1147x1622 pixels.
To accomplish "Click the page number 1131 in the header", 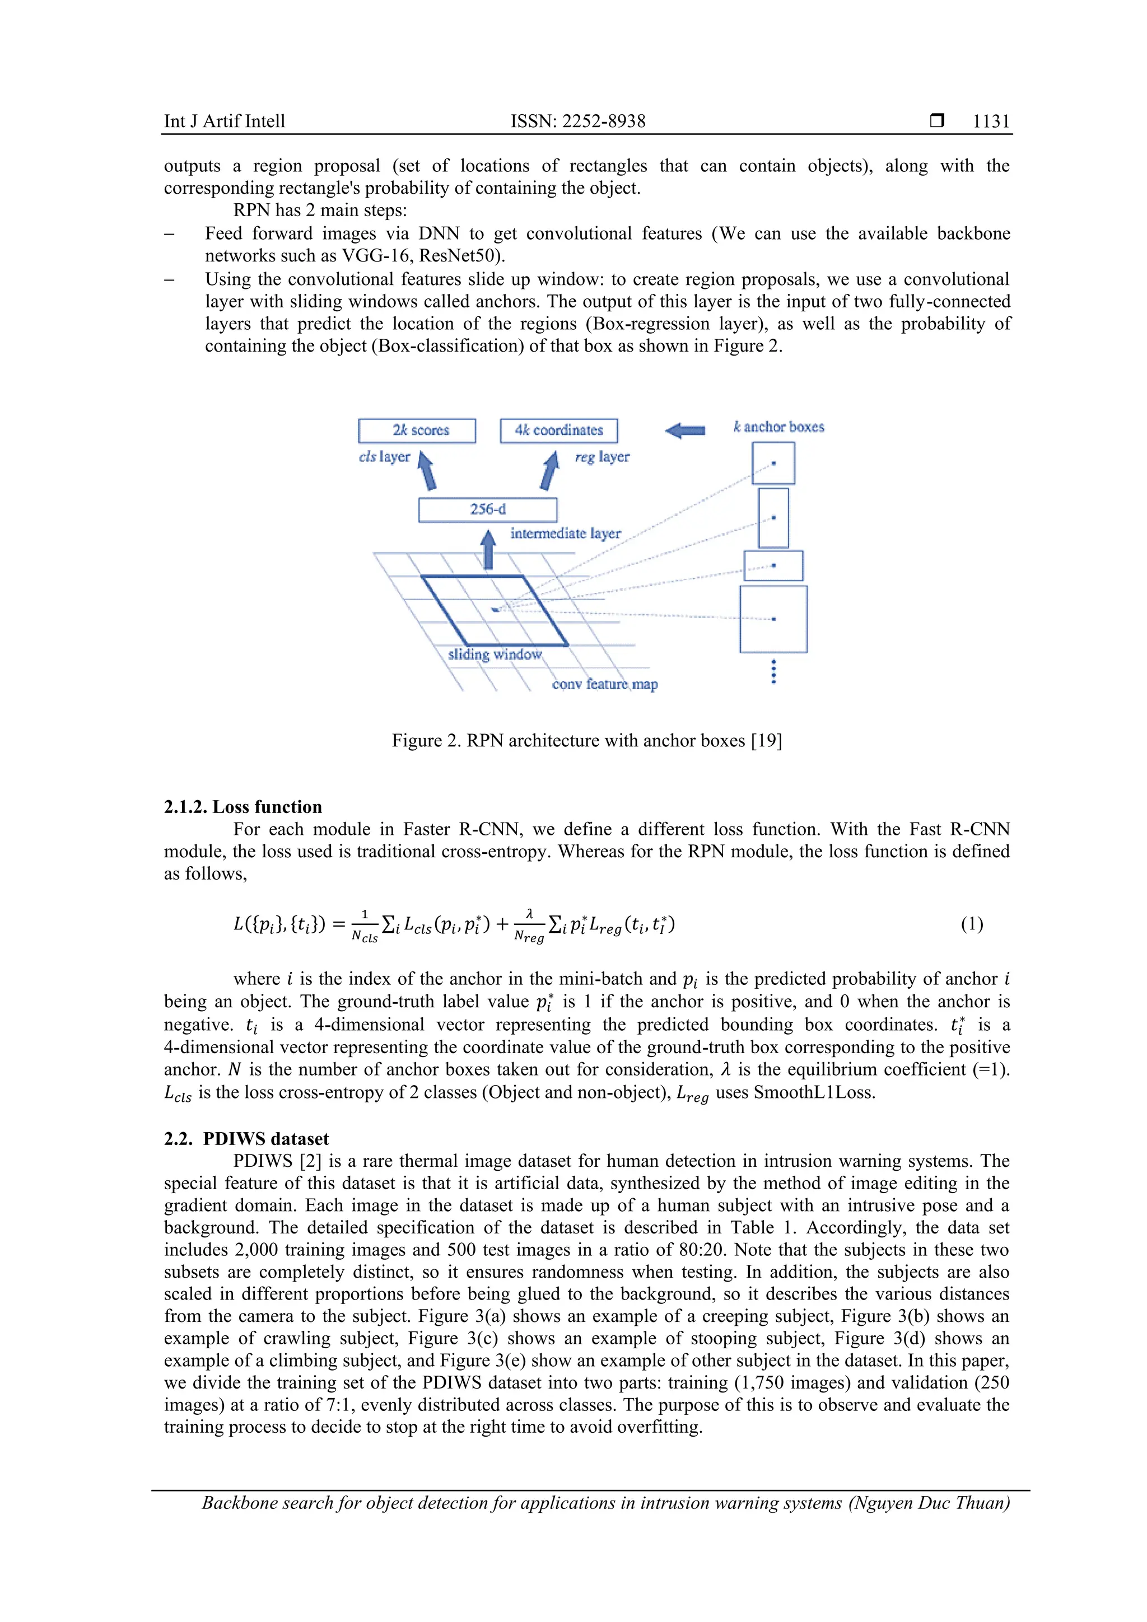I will (991, 121).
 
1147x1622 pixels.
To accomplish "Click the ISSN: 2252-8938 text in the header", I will (577, 121).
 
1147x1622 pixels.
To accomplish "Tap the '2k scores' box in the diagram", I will (417, 430).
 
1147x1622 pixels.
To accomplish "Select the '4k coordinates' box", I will (558, 430).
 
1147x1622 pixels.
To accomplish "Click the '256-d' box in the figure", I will (488, 509).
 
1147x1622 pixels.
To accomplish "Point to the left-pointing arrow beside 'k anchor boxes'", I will (685, 430).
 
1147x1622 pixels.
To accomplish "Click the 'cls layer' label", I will (384, 457).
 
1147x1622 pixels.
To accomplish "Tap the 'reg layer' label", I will (602, 457).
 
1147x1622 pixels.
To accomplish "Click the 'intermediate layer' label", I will (565, 534).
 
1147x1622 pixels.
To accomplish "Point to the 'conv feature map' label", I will (604, 684).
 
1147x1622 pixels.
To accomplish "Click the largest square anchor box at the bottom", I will (773, 619).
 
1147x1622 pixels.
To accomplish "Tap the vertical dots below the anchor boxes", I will (774, 671).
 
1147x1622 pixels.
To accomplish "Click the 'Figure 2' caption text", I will (586, 740).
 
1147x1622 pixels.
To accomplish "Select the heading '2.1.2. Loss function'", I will (243, 807).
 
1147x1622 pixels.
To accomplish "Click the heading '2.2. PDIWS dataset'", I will (246, 1139).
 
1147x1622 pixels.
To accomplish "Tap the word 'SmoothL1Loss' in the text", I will (813, 1092).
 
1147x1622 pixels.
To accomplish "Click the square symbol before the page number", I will (937, 121).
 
